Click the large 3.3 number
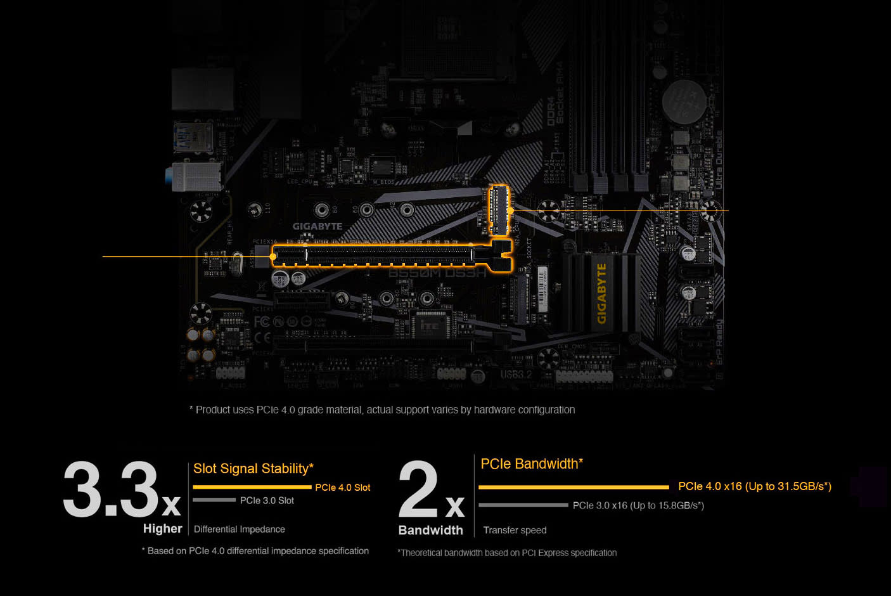coord(111,489)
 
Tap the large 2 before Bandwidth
coord(419,489)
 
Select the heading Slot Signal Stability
coord(253,469)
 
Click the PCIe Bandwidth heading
coord(531,463)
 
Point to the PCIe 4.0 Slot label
coord(342,488)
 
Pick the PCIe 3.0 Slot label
coord(267,501)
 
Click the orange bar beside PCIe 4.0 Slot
coord(252,487)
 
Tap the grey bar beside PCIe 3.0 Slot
coord(214,500)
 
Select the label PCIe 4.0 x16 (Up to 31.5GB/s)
coord(754,486)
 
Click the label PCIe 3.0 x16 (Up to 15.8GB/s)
coord(638,505)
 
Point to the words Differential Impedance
coord(239,529)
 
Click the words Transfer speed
coord(515,530)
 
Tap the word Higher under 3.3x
coord(162,529)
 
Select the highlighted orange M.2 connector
coord(499,210)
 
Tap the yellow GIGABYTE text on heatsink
coord(601,293)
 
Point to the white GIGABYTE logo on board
coord(317,226)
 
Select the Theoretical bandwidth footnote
coord(507,553)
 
